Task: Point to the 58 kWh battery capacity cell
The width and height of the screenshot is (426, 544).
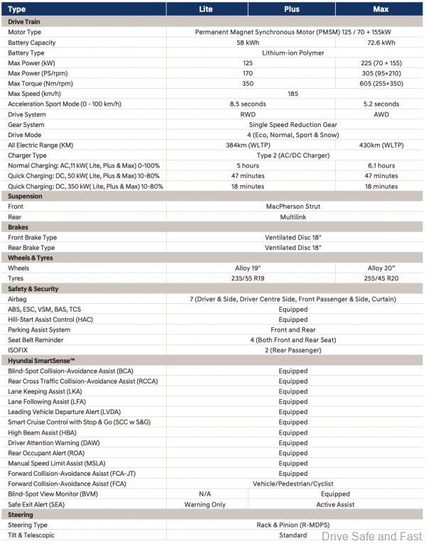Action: pyautogui.click(x=248, y=43)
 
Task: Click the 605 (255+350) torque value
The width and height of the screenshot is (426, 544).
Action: pyautogui.click(x=381, y=84)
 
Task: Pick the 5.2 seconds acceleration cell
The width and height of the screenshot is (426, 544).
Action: pyautogui.click(x=381, y=104)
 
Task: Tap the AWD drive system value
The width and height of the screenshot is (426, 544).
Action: pyautogui.click(x=381, y=114)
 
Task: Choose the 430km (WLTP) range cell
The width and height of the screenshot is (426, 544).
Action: pyautogui.click(x=381, y=146)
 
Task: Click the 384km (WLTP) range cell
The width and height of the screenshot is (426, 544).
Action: pyautogui.click(x=248, y=146)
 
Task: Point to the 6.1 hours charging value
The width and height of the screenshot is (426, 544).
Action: pyautogui.click(x=381, y=166)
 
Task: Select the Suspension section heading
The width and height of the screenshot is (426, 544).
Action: pyautogui.click(x=26, y=197)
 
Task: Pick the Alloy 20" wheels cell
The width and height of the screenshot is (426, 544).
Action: pyautogui.click(x=381, y=268)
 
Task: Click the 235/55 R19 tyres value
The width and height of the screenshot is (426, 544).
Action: pyautogui.click(x=248, y=279)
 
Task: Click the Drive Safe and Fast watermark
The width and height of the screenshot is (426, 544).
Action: pyautogui.click(x=371, y=536)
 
